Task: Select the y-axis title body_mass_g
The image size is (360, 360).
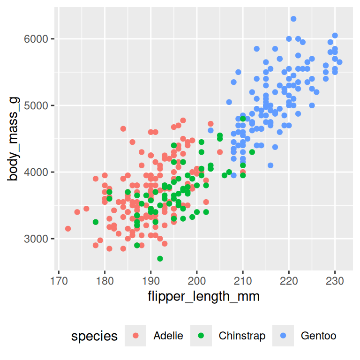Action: point(14,139)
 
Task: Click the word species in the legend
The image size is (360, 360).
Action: point(94,336)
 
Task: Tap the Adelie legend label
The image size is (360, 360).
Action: point(168,336)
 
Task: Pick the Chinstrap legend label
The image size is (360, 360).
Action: point(242,336)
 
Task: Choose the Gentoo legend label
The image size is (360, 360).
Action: point(318,336)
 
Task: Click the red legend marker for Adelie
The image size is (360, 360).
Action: point(136,336)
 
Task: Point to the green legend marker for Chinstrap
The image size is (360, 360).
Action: point(202,336)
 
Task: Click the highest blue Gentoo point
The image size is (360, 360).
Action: point(293,19)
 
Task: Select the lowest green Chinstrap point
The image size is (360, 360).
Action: point(160,259)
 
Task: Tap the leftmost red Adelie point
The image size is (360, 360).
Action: point(68,229)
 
